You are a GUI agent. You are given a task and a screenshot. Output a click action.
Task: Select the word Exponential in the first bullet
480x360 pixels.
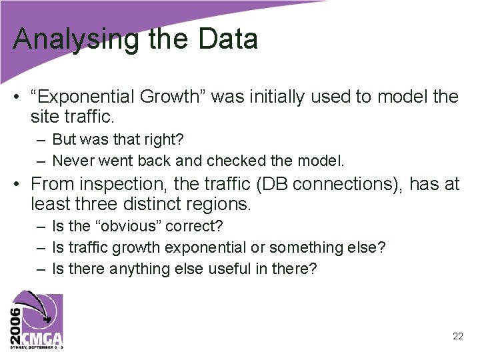(x=84, y=97)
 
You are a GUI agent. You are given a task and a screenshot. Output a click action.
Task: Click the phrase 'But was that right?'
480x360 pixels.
(x=117, y=140)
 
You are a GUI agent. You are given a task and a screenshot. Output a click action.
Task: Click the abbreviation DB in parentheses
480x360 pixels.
(x=285, y=184)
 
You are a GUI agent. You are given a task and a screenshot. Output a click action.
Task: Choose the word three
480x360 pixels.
(x=93, y=204)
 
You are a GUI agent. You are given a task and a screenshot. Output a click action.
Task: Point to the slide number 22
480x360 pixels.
(x=457, y=336)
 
